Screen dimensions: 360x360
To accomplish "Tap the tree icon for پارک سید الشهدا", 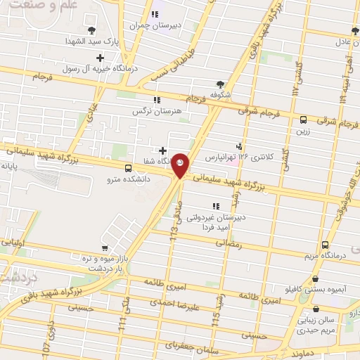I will coord(91,29).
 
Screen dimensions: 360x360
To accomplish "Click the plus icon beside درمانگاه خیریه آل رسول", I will coord(101,58).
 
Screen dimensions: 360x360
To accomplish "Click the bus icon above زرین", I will coord(303,120).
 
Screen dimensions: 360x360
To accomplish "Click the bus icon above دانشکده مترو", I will coord(128,168).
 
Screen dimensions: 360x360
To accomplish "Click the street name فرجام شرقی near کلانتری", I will coord(258,111).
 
